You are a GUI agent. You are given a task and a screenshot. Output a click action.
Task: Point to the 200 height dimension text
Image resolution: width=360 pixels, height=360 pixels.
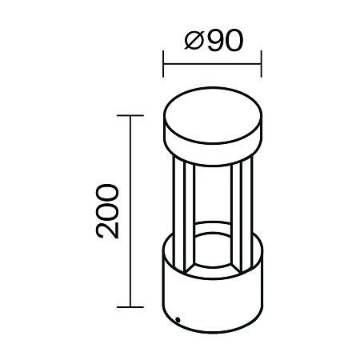pos(107,210)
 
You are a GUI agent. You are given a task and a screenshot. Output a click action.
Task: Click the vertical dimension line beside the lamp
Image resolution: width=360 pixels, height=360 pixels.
pos(130,210)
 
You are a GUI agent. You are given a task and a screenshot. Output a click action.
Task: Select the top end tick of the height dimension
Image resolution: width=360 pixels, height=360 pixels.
pos(130,116)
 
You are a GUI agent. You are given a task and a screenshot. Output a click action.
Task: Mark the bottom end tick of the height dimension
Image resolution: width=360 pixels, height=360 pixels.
pos(130,306)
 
